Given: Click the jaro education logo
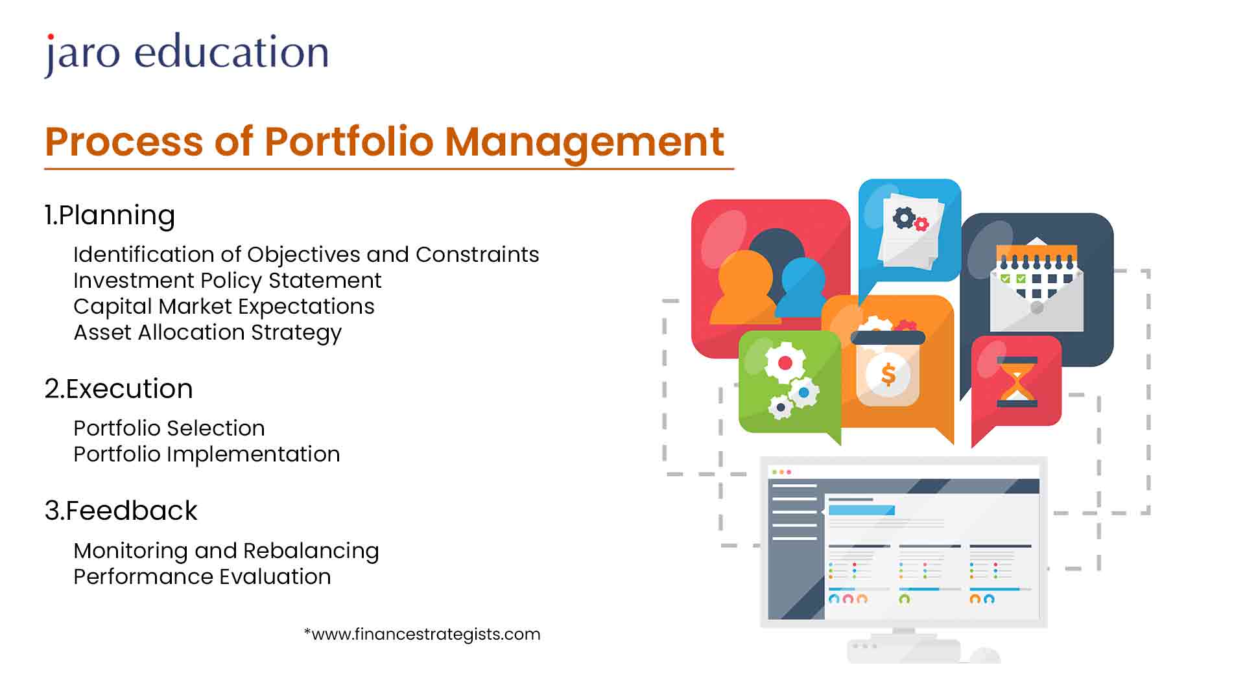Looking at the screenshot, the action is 187,54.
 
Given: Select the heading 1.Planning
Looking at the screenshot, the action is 110,216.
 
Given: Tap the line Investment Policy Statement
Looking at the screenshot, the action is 227,281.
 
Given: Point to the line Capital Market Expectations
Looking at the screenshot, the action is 224,307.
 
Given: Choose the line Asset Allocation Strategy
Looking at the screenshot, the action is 207,333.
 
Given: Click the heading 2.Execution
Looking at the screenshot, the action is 119,389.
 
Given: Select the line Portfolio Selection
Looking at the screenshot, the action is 169,428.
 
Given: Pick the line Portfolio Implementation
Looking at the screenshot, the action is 206,454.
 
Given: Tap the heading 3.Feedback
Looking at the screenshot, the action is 121,511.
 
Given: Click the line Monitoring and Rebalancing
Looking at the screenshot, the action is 226,551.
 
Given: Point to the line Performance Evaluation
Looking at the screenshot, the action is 202,577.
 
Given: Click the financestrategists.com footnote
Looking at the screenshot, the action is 422,634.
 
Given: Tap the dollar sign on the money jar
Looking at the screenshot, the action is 888,374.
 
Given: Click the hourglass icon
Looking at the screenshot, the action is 1017,382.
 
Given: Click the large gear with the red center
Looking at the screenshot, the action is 785,362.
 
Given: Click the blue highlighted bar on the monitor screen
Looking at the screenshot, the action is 862,510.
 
